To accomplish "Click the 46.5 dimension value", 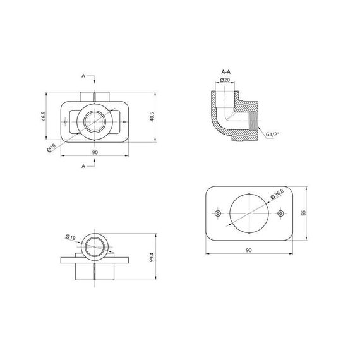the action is (x=44, y=116).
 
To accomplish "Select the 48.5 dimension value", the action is (x=152, y=117).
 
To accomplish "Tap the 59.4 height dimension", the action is (x=152, y=258).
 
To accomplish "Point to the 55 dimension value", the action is (x=304, y=213).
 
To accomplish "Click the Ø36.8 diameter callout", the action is (x=277, y=194).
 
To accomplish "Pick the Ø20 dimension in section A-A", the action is (x=225, y=80).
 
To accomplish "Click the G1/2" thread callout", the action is (x=272, y=135).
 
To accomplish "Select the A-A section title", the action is (x=226, y=72).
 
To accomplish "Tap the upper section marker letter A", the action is (x=83, y=76).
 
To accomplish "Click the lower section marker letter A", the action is (x=83, y=166).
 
